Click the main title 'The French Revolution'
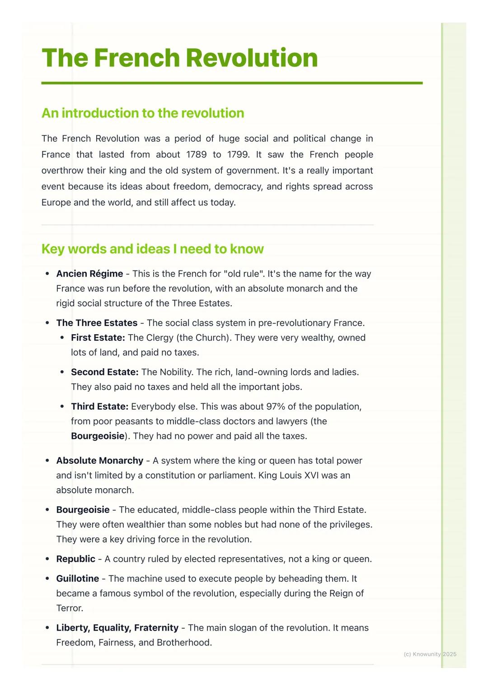point(179,58)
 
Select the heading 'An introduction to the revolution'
point(143,113)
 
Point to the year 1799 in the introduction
point(238,154)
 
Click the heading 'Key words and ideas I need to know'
point(152,249)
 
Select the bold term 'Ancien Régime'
point(89,274)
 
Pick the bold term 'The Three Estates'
point(97,323)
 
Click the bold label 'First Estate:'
point(98,338)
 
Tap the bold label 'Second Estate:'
point(104,372)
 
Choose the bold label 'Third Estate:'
point(99,406)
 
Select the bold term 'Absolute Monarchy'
point(99,461)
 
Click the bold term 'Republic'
point(75,559)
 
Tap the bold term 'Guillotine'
point(77,578)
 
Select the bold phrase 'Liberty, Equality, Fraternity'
point(117,628)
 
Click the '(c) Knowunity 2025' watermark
point(430,654)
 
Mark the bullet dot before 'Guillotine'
point(47,578)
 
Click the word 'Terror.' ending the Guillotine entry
point(70,608)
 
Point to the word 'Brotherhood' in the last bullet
point(183,643)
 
